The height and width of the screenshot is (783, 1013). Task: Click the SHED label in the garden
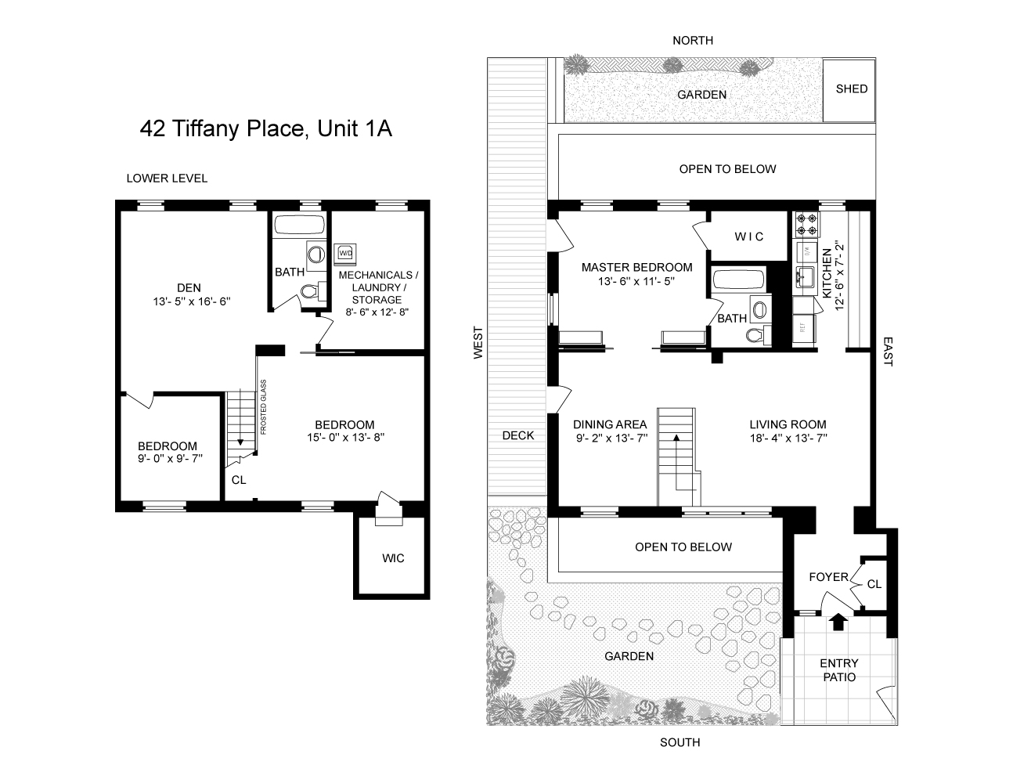pyautogui.click(x=851, y=89)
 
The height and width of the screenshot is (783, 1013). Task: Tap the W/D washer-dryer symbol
pyautogui.click(x=345, y=254)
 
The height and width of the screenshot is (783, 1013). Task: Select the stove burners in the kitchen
pyautogui.click(x=806, y=224)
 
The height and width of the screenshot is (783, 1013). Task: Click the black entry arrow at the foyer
pyautogui.click(x=838, y=622)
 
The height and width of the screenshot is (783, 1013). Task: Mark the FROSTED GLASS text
pyautogui.click(x=264, y=407)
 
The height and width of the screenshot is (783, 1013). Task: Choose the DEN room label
pyautogui.click(x=189, y=288)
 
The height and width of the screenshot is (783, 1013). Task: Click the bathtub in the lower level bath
pyautogui.click(x=299, y=226)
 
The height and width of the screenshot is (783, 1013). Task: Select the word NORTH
pyautogui.click(x=693, y=41)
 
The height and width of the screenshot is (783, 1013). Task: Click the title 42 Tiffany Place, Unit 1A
pyautogui.click(x=265, y=128)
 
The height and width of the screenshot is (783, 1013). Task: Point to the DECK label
pyautogui.click(x=518, y=436)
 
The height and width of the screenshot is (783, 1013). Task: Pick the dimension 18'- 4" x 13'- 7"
pyautogui.click(x=788, y=438)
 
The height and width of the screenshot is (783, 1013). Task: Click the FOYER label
pyautogui.click(x=828, y=577)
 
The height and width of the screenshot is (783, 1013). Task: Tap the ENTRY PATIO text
pyautogui.click(x=839, y=670)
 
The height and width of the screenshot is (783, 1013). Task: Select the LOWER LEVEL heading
pyautogui.click(x=167, y=179)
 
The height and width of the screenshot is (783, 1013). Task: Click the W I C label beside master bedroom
pyautogui.click(x=748, y=236)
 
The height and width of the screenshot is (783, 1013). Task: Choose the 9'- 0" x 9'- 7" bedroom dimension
pyautogui.click(x=170, y=459)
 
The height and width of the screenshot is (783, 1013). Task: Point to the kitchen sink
pyautogui.click(x=805, y=277)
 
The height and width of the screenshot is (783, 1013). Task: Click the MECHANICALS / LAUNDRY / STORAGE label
pyautogui.click(x=377, y=294)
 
